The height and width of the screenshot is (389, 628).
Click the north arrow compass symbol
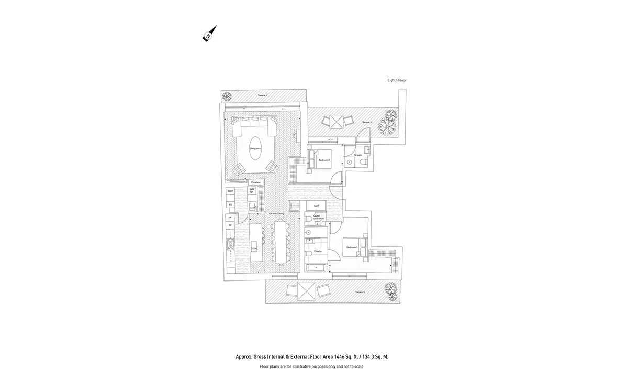[x=209, y=34]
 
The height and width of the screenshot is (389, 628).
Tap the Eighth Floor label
[x=396, y=80]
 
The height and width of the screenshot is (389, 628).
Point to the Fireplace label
[x=256, y=182]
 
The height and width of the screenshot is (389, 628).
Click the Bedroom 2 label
[x=324, y=160]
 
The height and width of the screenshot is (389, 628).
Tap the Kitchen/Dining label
[x=276, y=214]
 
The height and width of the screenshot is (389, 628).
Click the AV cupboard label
[x=230, y=205]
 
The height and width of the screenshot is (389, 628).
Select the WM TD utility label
[x=252, y=191]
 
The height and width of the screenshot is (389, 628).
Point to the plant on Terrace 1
[x=227, y=96]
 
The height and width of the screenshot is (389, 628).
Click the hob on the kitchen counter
[x=230, y=243]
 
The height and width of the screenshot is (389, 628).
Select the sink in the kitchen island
[x=256, y=244]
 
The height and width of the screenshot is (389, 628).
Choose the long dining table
[x=282, y=242]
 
